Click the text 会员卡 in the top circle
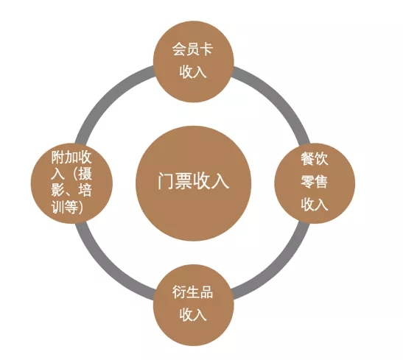pos(192,49)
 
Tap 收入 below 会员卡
pos(193,71)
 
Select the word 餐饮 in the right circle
pos(315,159)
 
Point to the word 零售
pos(315,182)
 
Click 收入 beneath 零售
pos(315,204)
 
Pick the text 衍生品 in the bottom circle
pos(192,292)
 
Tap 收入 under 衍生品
pos(193,314)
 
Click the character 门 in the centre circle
pos(166,181)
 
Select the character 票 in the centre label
pos(183,181)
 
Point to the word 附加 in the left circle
pos(65,157)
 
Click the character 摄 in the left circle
pos(85,174)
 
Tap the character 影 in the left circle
pos(57,190)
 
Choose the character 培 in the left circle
pos(85,190)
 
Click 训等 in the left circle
pos(65,207)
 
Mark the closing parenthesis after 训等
pos(81,207)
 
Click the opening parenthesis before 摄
pos(74,174)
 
